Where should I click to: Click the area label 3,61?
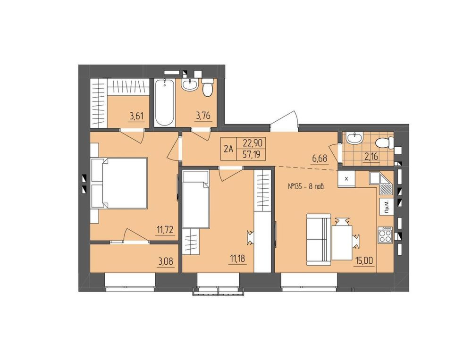pos(136,117)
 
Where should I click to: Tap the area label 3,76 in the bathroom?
pos(203,117)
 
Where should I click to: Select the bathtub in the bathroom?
pos(165,103)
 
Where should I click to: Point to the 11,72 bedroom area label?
pos(165,231)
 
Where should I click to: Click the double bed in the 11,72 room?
pos(119,183)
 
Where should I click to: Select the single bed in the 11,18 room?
pos(196,199)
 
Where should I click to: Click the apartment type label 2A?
pos(229,149)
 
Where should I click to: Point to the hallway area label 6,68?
pos(320,159)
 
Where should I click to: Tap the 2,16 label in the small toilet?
pos(371,157)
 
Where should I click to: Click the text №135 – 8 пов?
pos(306,187)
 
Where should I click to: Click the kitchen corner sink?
pos(380,183)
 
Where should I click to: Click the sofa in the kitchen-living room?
pos(319,240)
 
